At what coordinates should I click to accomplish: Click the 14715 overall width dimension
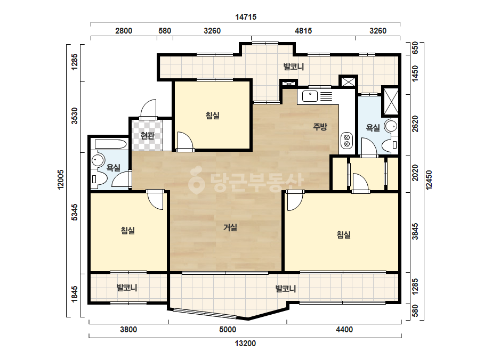tap(246, 17)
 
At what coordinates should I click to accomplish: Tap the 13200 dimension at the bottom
tap(245, 343)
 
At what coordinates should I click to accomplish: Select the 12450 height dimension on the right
tap(429, 180)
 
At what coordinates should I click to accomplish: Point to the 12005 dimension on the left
tap(61, 179)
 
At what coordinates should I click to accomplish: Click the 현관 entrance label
tap(148, 136)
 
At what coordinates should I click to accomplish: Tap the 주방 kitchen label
tap(320, 127)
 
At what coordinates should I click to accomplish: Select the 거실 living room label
tap(230, 227)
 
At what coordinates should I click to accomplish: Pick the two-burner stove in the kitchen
tap(346, 141)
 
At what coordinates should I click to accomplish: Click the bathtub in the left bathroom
tap(110, 144)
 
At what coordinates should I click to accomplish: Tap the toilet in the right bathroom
tap(390, 145)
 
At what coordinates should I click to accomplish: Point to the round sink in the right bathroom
tap(391, 126)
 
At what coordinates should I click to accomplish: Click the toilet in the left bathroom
tap(99, 179)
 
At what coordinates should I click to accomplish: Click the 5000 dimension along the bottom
tap(228, 330)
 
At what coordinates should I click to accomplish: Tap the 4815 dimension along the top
tap(303, 31)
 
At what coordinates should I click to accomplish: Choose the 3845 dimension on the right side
tap(415, 232)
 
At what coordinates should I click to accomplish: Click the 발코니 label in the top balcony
tap(294, 67)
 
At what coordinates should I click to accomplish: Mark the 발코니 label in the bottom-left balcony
tap(127, 288)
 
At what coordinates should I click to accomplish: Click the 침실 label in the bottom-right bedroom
tap(344, 234)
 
